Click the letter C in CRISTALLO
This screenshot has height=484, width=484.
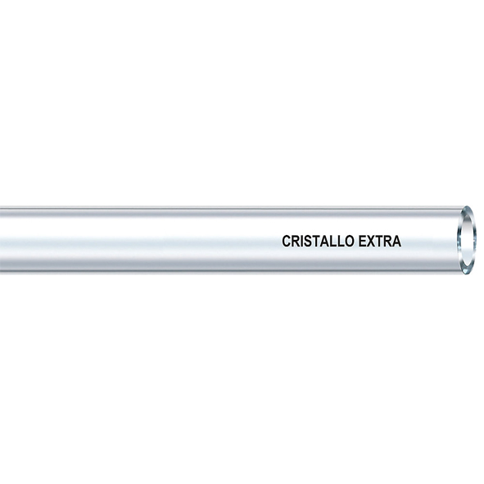coord(287,241)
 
